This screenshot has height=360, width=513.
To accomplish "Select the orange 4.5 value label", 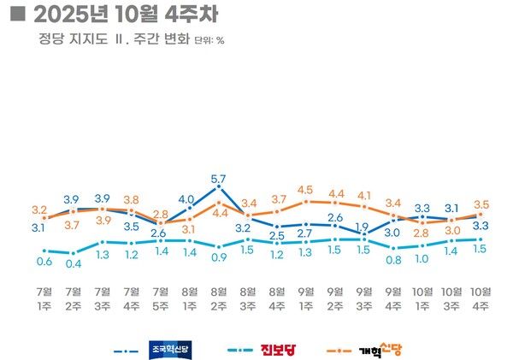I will pos(305,190).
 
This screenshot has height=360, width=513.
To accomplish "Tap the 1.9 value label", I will pos(363,227).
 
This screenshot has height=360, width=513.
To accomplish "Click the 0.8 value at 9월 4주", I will pos(392,260).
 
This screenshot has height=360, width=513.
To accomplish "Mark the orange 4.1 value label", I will pos(363,195).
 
